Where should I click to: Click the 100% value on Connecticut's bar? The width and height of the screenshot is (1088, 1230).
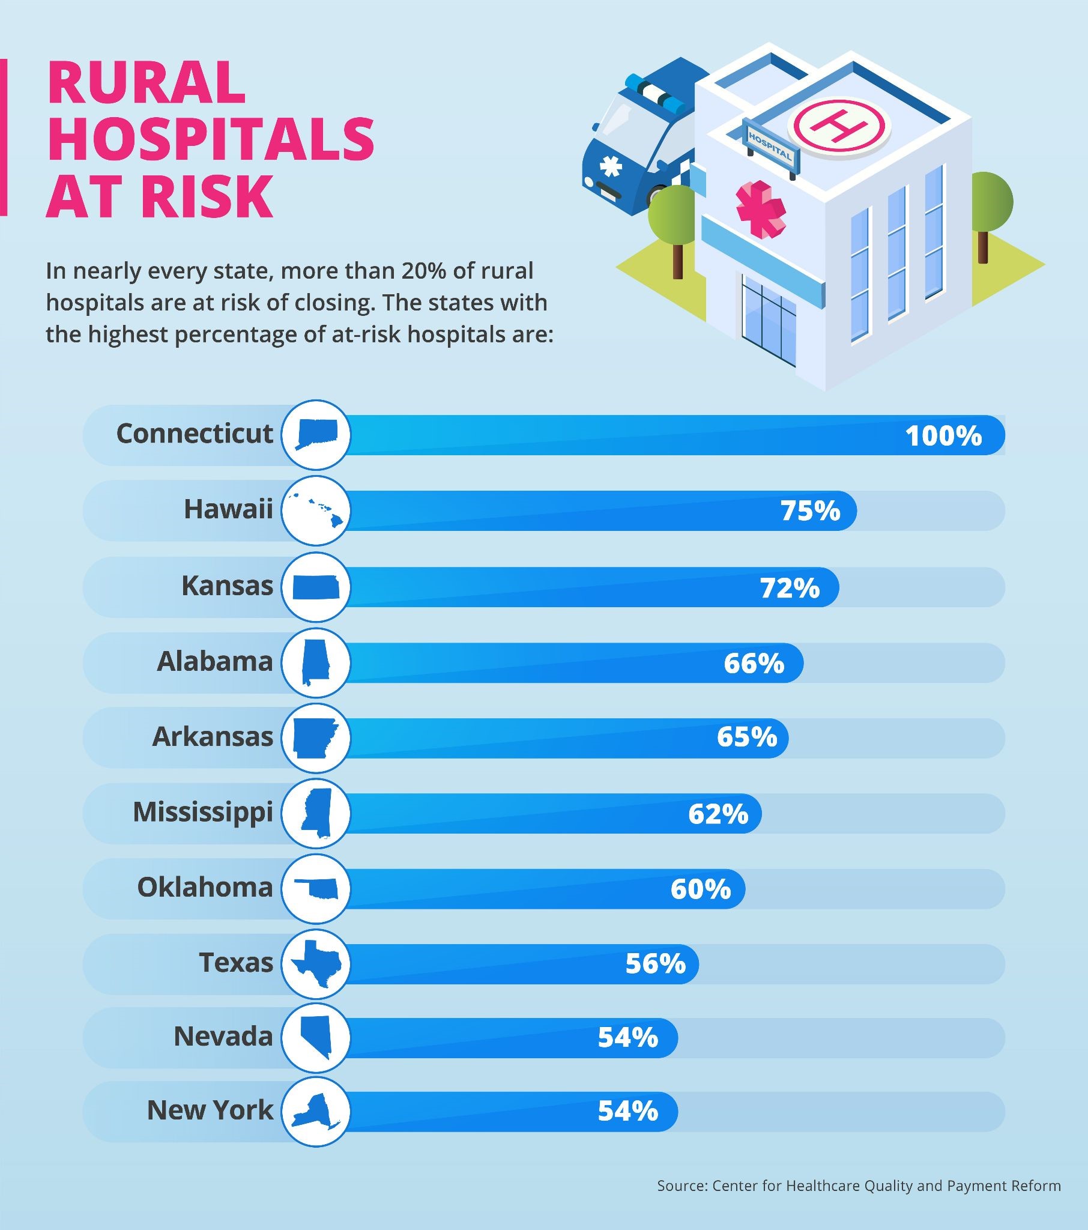click(943, 435)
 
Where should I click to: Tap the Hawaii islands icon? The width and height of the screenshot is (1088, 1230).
click(316, 510)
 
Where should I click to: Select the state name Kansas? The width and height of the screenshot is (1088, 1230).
click(228, 586)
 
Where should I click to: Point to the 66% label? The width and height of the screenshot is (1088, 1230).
click(754, 663)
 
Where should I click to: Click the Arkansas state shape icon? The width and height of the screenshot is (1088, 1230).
click(315, 738)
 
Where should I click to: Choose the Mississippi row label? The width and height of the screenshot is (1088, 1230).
click(203, 813)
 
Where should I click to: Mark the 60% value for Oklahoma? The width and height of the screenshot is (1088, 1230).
click(701, 889)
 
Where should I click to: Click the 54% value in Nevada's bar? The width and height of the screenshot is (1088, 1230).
click(627, 1038)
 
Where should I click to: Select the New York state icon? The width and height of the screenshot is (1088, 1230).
click(315, 1112)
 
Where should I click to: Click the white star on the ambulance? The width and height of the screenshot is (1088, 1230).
click(610, 166)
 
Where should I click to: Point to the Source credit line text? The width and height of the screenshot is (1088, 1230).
click(859, 1186)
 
